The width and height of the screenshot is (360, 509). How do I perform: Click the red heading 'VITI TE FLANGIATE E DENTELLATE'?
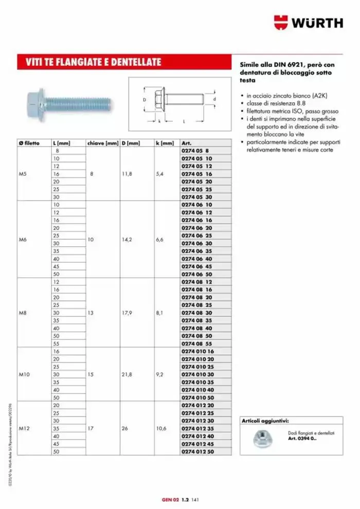point(94,63)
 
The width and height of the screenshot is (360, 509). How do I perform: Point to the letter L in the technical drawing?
point(184,122)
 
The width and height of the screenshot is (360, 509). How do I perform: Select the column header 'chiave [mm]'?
point(103,143)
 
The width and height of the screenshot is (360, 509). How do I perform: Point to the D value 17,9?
point(127,313)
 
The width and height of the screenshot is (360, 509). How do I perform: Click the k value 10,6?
point(161,428)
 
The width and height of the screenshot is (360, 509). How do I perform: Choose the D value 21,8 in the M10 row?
point(127,375)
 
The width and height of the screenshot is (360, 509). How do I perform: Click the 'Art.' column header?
point(187,143)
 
